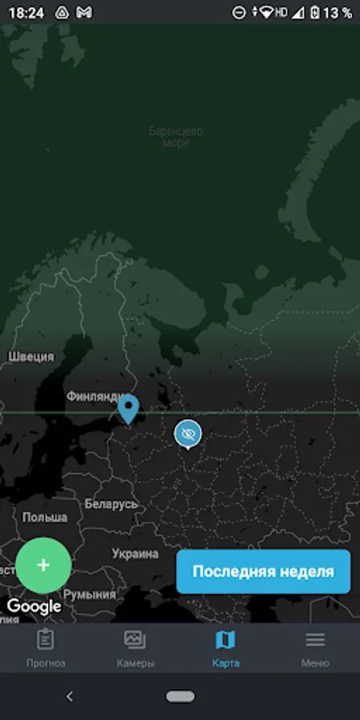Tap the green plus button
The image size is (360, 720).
pos(43,565)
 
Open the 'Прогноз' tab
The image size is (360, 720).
pos(46,648)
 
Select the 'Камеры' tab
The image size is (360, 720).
pos(135,648)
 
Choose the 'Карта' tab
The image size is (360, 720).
pos(226,648)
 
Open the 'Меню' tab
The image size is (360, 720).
pos(315,648)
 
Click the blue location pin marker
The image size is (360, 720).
pos(128,408)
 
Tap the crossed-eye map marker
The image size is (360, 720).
pos(188,434)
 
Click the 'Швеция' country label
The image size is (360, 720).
pos(31,357)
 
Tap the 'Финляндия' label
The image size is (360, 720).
pos(94,396)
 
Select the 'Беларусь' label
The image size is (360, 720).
pos(111,505)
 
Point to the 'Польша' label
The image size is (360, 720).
pos(45,518)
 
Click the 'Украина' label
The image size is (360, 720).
pos(135,554)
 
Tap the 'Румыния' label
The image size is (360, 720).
pos(89,595)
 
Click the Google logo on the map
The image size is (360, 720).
pos(34,606)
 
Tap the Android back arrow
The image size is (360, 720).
pos(69,696)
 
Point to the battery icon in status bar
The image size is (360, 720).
pos(316,13)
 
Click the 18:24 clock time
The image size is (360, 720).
pos(26,13)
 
